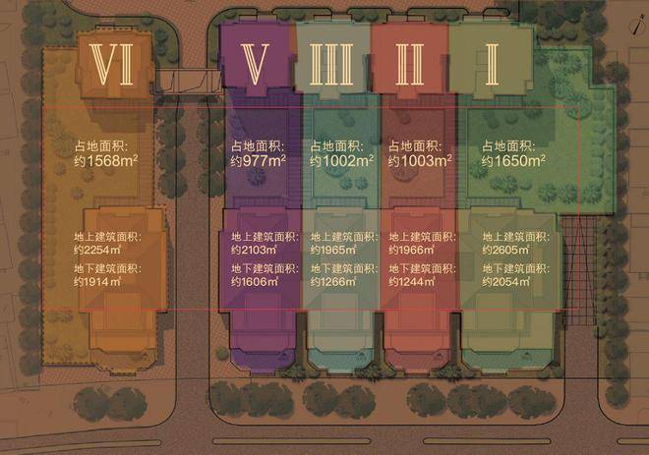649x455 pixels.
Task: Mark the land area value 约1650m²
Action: pos(511,160)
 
